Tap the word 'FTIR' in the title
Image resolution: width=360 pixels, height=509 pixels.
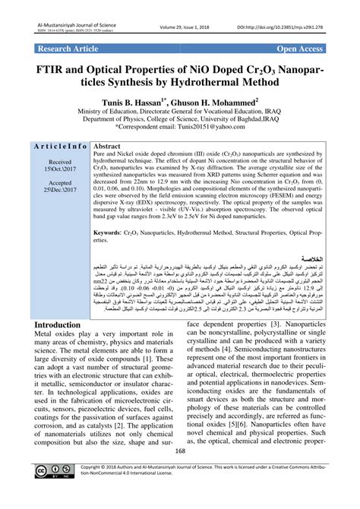[70, 69]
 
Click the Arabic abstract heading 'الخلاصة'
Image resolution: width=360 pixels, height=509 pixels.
[311, 258]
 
